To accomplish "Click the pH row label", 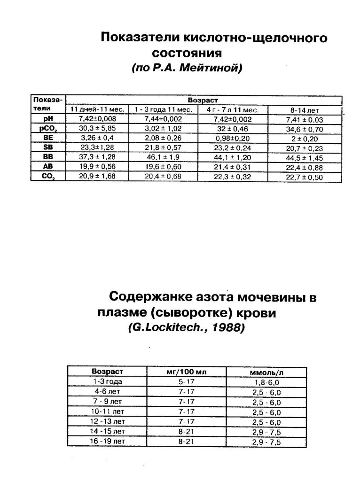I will click(48, 119).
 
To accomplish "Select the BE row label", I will click(48, 138).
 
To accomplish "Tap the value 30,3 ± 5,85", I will click(97, 128).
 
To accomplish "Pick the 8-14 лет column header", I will click(305, 110).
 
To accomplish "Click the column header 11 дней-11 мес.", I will click(97, 109).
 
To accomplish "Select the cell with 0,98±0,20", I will click(232, 138).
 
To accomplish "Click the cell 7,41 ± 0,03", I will click(305, 119).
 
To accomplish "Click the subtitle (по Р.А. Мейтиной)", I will click(187, 68).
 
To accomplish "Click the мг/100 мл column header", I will click(186, 372).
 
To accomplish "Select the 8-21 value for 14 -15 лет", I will click(186, 432).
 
